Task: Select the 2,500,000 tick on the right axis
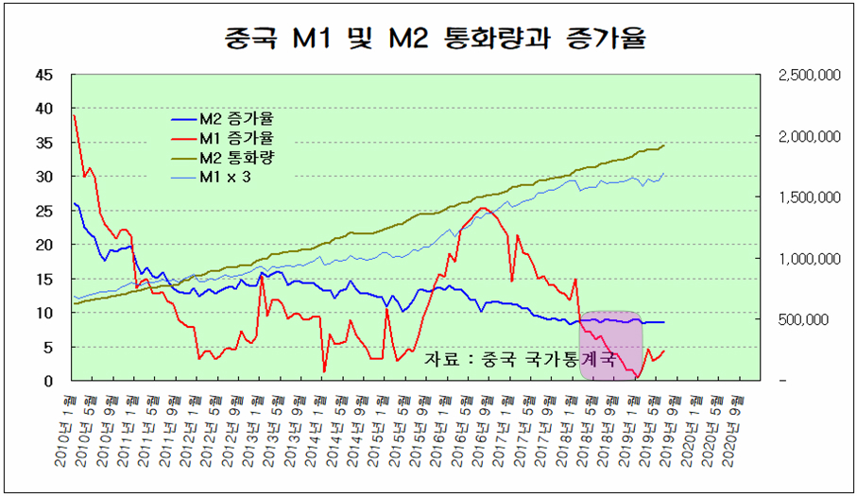coord(809,75)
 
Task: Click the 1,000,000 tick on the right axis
coord(809,258)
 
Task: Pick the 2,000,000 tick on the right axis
coord(809,136)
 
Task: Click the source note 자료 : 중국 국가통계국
coord(520,360)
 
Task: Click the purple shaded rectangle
coord(610,346)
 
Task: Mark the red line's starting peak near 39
coord(74,115)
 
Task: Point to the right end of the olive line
coord(664,145)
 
